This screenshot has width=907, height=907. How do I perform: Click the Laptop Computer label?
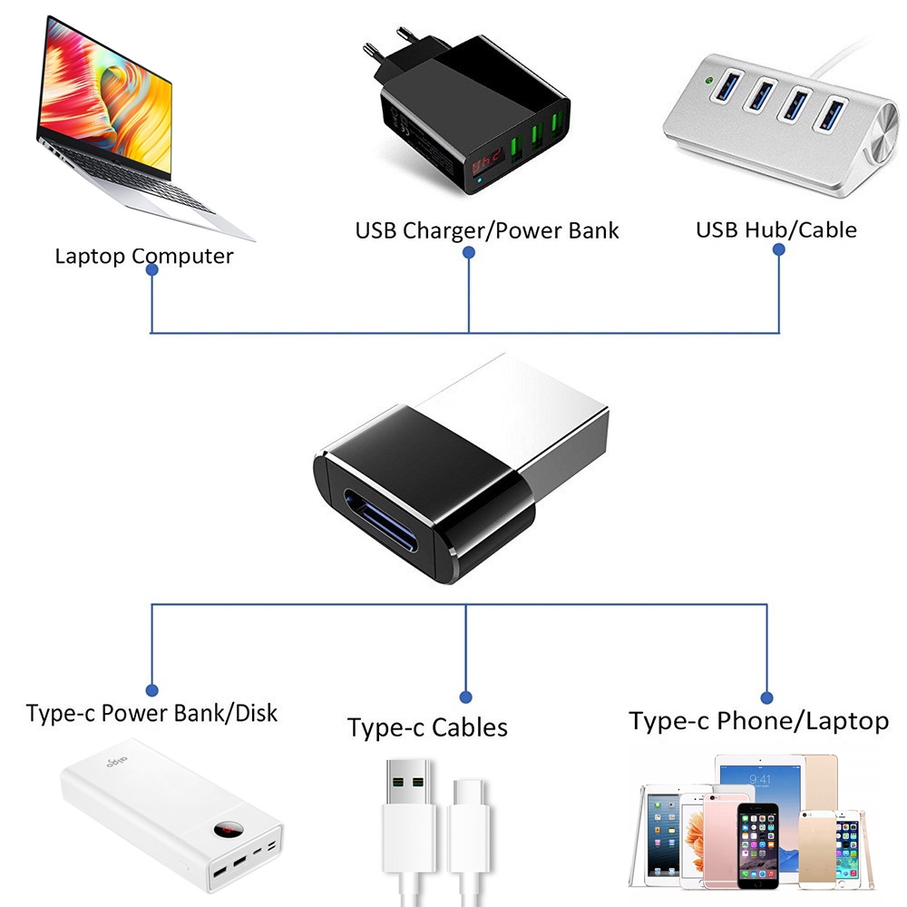143,256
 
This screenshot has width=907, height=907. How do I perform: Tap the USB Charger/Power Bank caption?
486,230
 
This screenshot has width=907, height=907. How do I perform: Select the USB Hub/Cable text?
775,229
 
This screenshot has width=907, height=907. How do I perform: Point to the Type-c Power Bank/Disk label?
151,713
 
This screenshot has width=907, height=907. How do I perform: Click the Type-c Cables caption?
427,727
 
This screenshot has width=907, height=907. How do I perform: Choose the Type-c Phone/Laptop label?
758,721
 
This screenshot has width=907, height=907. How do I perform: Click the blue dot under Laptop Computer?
152,269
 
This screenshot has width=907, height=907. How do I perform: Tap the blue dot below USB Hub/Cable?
778,255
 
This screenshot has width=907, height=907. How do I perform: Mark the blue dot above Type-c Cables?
465,697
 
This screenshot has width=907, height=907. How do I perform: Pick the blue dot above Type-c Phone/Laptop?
766,697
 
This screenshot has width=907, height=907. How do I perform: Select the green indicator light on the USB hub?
706,80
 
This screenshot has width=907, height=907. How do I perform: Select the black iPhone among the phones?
757,843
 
